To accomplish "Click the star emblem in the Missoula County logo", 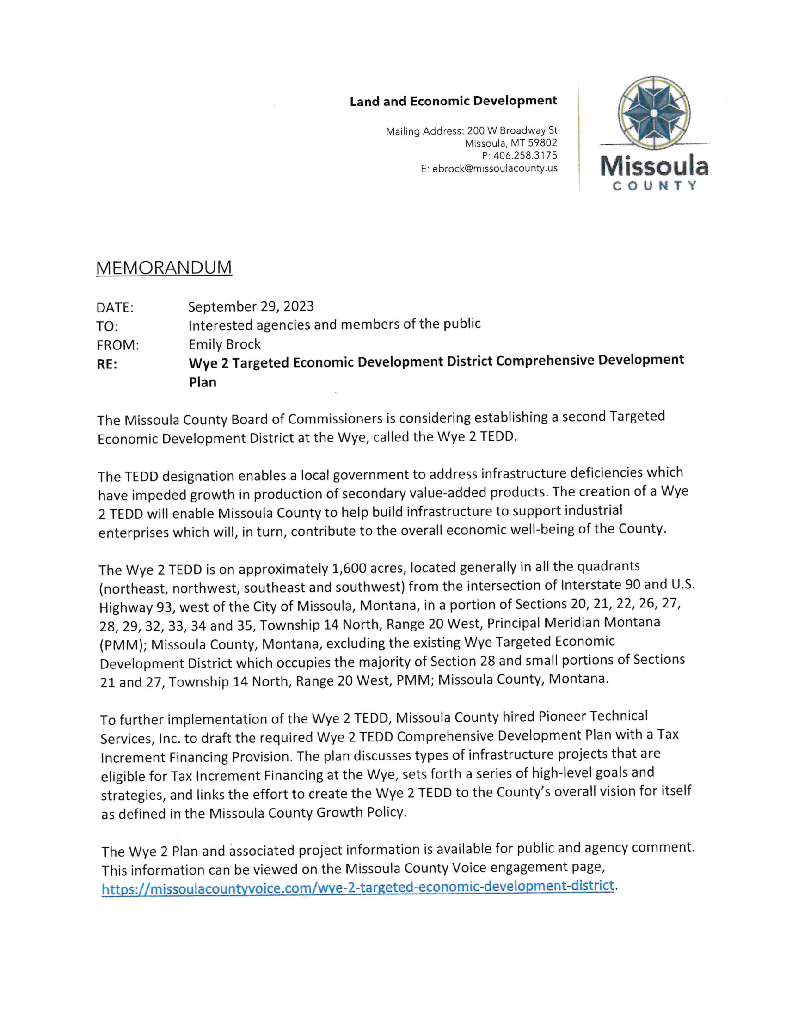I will click(x=653, y=113).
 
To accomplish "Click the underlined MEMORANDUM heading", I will click(x=164, y=268).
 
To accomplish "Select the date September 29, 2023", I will click(x=251, y=306).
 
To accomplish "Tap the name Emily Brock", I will click(x=224, y=344).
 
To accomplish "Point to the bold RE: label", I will click(x=107, y=364).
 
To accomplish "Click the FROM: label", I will click(x=117, y=345).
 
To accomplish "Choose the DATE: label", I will click(x=115, y=307).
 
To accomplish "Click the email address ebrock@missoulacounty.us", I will click(x=495, y=169).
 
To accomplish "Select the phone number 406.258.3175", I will click(x=525, y=155).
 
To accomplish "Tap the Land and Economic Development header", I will click(x=453, y=101).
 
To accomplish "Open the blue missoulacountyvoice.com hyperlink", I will click(x=357, y=887).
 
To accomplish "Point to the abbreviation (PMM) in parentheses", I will click(x=123, y=645).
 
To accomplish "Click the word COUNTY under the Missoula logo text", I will click(x=654, y=186).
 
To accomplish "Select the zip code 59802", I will click(x=542, y=143).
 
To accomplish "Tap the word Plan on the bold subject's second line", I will click(x=203, y=382).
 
